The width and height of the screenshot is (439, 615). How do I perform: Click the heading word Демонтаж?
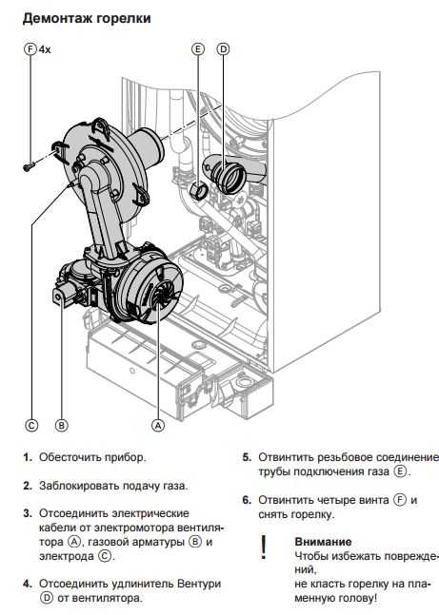tap(57, 18)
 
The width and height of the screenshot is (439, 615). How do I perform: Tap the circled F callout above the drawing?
tap(30, 49)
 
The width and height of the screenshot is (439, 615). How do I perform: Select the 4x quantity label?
tap(45, 49)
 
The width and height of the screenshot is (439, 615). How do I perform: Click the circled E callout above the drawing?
tap(198, 49)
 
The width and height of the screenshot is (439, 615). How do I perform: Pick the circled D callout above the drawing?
tap(223, 49)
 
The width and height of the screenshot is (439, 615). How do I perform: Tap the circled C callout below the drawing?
tap(31, 425)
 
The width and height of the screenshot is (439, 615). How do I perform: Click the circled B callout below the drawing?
tap(61, 425)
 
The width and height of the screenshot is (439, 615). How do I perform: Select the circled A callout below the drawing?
tap(158, 425)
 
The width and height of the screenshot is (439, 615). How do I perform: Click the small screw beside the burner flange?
tap(28, 167)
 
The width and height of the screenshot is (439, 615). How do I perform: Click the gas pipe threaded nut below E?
tap(199, 190)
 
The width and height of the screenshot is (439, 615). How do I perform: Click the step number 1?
tap(27, 457)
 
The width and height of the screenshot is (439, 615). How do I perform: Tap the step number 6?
tap(247, 500)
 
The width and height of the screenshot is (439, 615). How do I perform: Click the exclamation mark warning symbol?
tap(264, 548)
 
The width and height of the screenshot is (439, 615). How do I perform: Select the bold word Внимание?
tap(323, 542)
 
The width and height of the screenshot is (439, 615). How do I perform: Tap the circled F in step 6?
tap(400, 500)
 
